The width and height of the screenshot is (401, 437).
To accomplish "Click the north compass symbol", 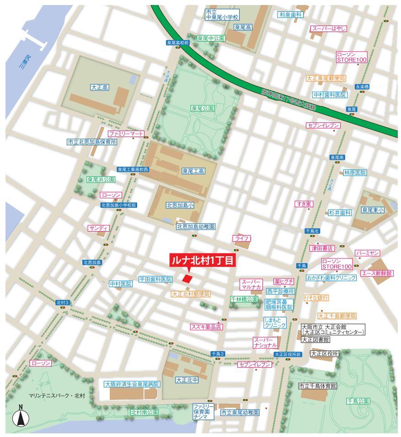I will tap(21, 416).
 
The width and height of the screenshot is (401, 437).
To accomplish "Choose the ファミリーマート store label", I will tap(125, 134).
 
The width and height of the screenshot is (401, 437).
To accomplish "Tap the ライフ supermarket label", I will tap(242, 238).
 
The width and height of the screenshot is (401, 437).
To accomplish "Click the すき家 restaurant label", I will tap(304, 204).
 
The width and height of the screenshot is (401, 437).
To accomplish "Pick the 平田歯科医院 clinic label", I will tap(155, 279).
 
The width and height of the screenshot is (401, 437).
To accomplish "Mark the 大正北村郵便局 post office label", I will tap(191, 295).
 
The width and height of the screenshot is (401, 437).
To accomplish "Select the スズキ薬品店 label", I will tap(206, 326).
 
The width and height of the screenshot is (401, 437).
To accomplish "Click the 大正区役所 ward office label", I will tap(324, 353).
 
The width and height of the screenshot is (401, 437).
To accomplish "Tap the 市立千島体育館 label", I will tap(317, 386).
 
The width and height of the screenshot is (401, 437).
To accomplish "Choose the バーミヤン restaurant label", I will tap(368, 253).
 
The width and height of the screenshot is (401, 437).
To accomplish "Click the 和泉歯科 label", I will tap(291, 15).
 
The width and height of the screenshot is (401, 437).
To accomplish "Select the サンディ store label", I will tap(99, 228).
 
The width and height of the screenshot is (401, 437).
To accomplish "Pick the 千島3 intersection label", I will tap(218, 354).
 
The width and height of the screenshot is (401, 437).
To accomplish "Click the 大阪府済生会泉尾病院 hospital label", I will tap(132, 384).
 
